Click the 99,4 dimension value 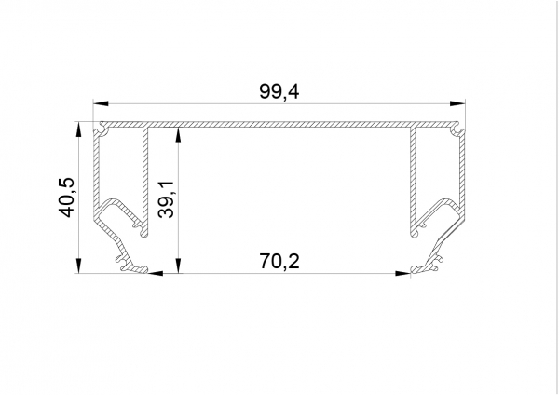coord(279,91)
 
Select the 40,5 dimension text coord(67,197)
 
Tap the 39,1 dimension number coord(166,199)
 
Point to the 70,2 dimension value coord(279,261)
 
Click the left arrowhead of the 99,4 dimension coord(101,103)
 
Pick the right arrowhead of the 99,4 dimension coord(457,103)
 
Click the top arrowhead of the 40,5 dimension coord(78,129)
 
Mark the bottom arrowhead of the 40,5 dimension coord(78,266)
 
